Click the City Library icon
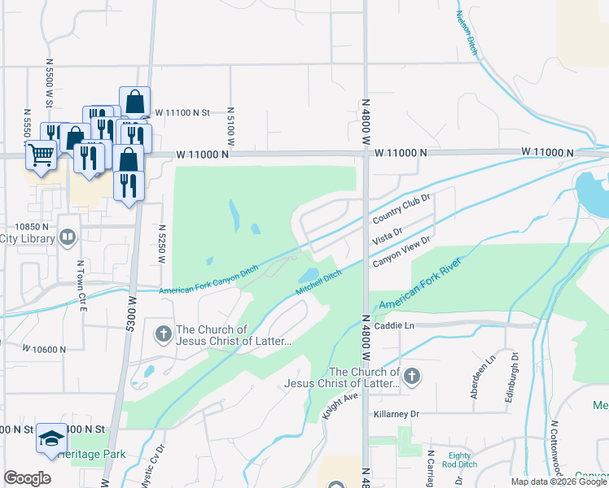[x=68, y=238]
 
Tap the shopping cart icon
[x=41, y=154]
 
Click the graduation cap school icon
[x=50, y=439]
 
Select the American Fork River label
[x=421, y=284]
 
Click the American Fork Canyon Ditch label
[x=208, y=281]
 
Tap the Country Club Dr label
[x=401, y=209]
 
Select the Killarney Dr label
[x=397, y=414]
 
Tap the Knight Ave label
[x=340, y=404]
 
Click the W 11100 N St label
[x=182, y=112]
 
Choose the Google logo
[x=27, y=478]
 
